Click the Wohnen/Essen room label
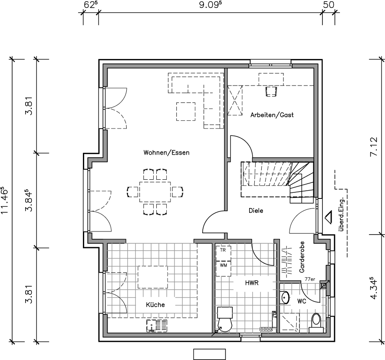pos(167,152)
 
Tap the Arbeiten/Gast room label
pos(272,115)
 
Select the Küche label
pos(155,305)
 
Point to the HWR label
pos(252,283)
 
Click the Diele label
pos(256,211)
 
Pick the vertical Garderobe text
pos(302,257)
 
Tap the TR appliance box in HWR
pos(223,253)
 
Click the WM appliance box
pos(223,268)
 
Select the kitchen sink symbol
pos(157,326)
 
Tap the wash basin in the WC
pos(285,297)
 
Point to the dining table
pos(155,192)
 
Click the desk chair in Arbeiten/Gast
pos(271,92)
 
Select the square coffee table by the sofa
pos(186,112)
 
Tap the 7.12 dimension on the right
pos(374,147)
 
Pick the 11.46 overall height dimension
pos(5,201)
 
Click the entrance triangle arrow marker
pos(328,217)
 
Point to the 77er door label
pos(310,279)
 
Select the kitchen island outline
pos(153,277)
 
